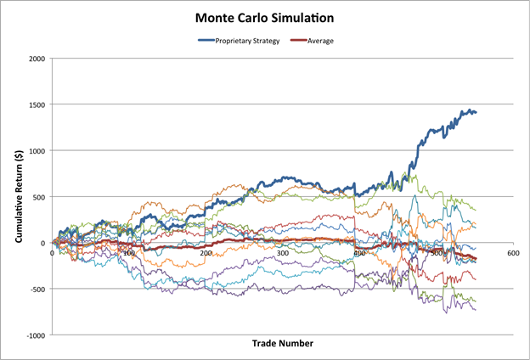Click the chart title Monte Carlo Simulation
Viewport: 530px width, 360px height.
pyautogui.click(x=265, y=17)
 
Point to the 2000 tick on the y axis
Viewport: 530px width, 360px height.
pyautogui.click(x=37, y=59)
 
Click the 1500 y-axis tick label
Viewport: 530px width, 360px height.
pyautogui.click(x=37, y=104)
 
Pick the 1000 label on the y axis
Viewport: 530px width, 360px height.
pyautogui.click(x=37, y=151)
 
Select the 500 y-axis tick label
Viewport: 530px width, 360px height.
pyautogui.click(x=40, y=197)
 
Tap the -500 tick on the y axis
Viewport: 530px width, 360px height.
pyautogui.click(x=38, y=290)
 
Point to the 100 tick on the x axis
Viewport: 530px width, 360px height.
pyautogui.click(x=128, y=253)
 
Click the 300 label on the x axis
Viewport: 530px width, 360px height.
pyautogui.click(x=282, y=253)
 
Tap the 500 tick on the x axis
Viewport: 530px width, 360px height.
pyautogui.click(x=436, y=253)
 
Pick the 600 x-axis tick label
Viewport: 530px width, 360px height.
pyautogui.click(x=512, y=253)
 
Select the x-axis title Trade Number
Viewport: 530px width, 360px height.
pyautogui.click(x=283, y=344)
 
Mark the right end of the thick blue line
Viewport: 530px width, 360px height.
pyautogui.click(x=476, y=112)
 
